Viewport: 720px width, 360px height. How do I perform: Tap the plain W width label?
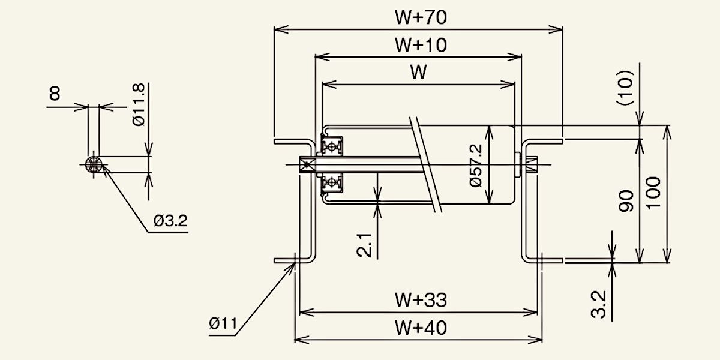(x=419, y=73)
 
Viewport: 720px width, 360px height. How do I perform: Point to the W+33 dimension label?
(x=421, y=299)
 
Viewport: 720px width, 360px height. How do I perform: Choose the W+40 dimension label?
(x=421, y=328)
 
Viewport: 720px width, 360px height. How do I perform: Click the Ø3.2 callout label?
(x=170, y=221)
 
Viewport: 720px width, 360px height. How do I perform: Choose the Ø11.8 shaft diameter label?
(x=139, y=104)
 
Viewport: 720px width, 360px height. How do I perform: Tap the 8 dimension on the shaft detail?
(x=55, y=94)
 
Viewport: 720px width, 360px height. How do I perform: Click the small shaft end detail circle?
(x=94, y=164)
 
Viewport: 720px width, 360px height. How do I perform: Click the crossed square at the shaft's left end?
(x=306, y=164)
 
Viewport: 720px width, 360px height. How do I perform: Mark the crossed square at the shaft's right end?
(x=530, y=164)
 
